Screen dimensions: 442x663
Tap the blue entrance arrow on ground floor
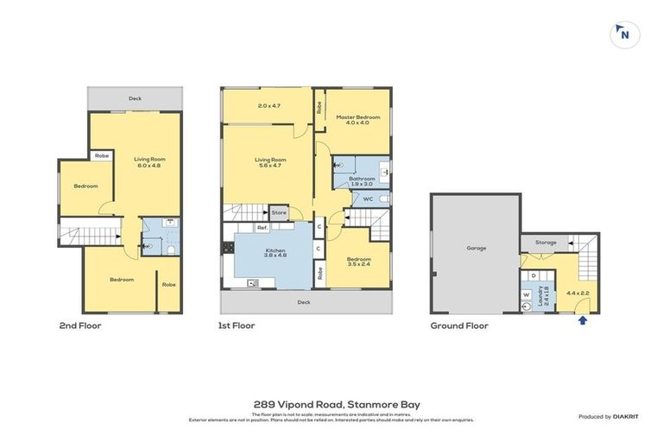click(583, 320)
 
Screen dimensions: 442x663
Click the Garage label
click(477, 248)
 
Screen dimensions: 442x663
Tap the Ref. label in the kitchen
click(262, 228)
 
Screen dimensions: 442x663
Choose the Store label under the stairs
click(279, 212)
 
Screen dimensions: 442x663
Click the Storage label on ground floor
click(546, 243)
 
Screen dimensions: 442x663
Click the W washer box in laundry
click(526, 294)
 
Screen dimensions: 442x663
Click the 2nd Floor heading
click(80, 326)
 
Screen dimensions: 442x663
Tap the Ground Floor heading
click(459, 326)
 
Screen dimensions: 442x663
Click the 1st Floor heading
click(237, 326)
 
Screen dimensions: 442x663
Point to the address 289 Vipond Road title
click(331, 403)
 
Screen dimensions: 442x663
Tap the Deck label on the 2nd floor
click(135, 98)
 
